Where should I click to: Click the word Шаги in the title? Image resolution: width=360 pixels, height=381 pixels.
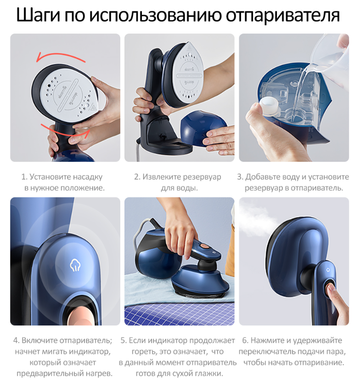click(38, 15)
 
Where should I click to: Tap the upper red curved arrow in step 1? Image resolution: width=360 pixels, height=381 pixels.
click(61, 57)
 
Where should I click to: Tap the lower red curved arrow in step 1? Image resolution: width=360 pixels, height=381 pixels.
click(66, 131)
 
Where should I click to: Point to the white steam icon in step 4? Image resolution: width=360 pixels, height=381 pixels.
click(75, 265)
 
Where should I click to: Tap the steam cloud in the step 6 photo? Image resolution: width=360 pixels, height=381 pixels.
click(257, 220)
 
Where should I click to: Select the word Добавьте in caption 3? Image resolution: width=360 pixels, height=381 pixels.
click(262, 176)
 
